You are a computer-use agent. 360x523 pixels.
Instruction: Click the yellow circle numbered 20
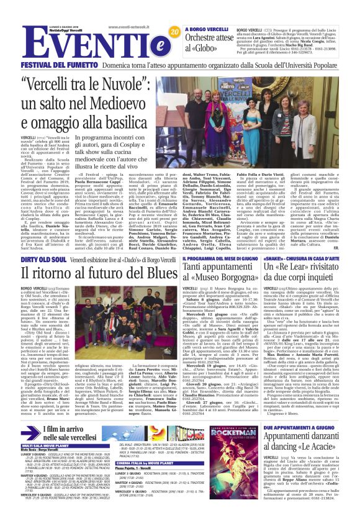pyautogui.click(x=174, y=31)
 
